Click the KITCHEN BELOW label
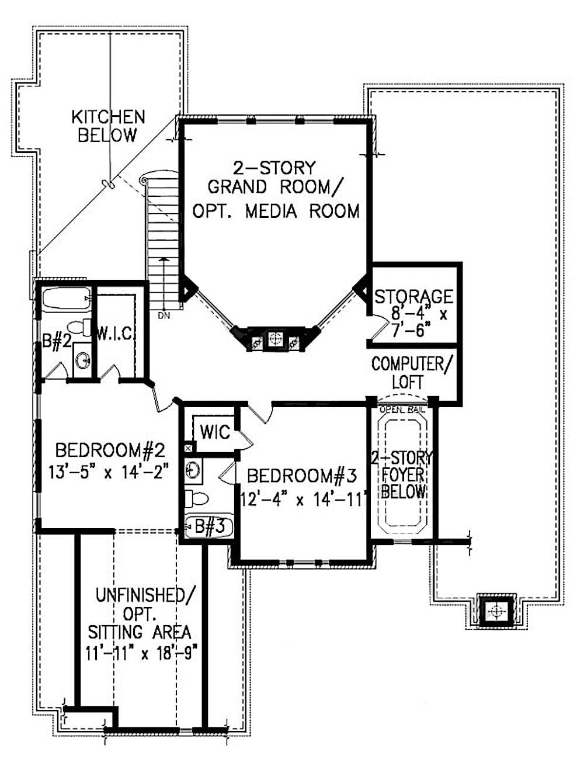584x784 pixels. [108, 126]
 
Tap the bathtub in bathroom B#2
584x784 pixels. [66, 299]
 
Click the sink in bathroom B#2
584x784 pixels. [82, 358]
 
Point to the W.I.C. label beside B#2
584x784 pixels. [116, 334]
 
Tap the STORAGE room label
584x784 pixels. [413, 297]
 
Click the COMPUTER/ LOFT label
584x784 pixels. [411, 373]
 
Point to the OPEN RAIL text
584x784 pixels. [402, 410]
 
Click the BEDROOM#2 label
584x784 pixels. [110, 450]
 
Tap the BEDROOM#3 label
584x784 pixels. [301, 476]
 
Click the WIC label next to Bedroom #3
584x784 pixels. [214, 432]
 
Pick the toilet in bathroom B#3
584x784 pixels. [196, 498]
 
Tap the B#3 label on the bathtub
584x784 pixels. [209, 526]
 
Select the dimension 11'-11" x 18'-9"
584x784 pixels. [140, 653]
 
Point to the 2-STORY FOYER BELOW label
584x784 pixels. [402, 474]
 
